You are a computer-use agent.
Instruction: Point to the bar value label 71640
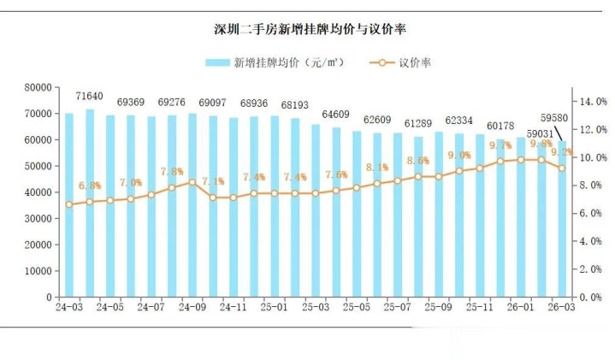click(x=90, y=96)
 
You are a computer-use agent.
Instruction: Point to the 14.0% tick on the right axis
click(x=593, y=101)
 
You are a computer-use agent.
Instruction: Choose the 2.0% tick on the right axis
click(x=593, y=269)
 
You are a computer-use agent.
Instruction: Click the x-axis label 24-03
click(x=68, y=307)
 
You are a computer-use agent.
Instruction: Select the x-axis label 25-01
click(x=275, y=307)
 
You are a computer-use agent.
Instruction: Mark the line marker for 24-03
click(x=69, y=204)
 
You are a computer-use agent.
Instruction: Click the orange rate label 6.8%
click(x=90, y=186)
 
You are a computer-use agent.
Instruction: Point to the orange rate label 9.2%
click(x=562, y=152)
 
